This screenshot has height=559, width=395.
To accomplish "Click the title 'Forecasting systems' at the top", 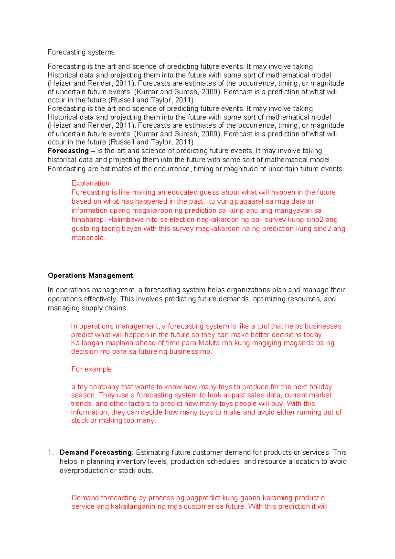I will pyautogui.click(x=81, y=52).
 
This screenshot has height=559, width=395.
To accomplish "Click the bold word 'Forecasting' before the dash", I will pyautogui.click(x=68, y=151).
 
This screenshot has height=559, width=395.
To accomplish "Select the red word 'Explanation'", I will pyautogui.click(x=90, y=183).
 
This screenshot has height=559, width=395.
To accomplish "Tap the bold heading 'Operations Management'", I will pyautogui.click(x=90, y=276).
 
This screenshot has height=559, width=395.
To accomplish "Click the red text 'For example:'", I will pyautogui.click(x=92, y=369).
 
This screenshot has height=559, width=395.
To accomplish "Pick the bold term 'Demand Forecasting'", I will pyautogui.click(x=95, y=452).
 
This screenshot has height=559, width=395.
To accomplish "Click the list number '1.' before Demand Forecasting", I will pyautogui.click(x=51, y=452).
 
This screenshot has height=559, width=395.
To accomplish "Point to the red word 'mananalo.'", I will pyautogui.click(x=89, y=238).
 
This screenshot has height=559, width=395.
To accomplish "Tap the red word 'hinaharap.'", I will pyautogui.click(x=88, y=220).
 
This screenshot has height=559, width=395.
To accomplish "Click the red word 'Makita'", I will pyautogui.click(x=209, y=343).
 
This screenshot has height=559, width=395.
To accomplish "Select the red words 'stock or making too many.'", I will pyautogui.click(x=114, y=421).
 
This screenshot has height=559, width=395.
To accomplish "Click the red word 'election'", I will pyautogui.click(x=182, y=220).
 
